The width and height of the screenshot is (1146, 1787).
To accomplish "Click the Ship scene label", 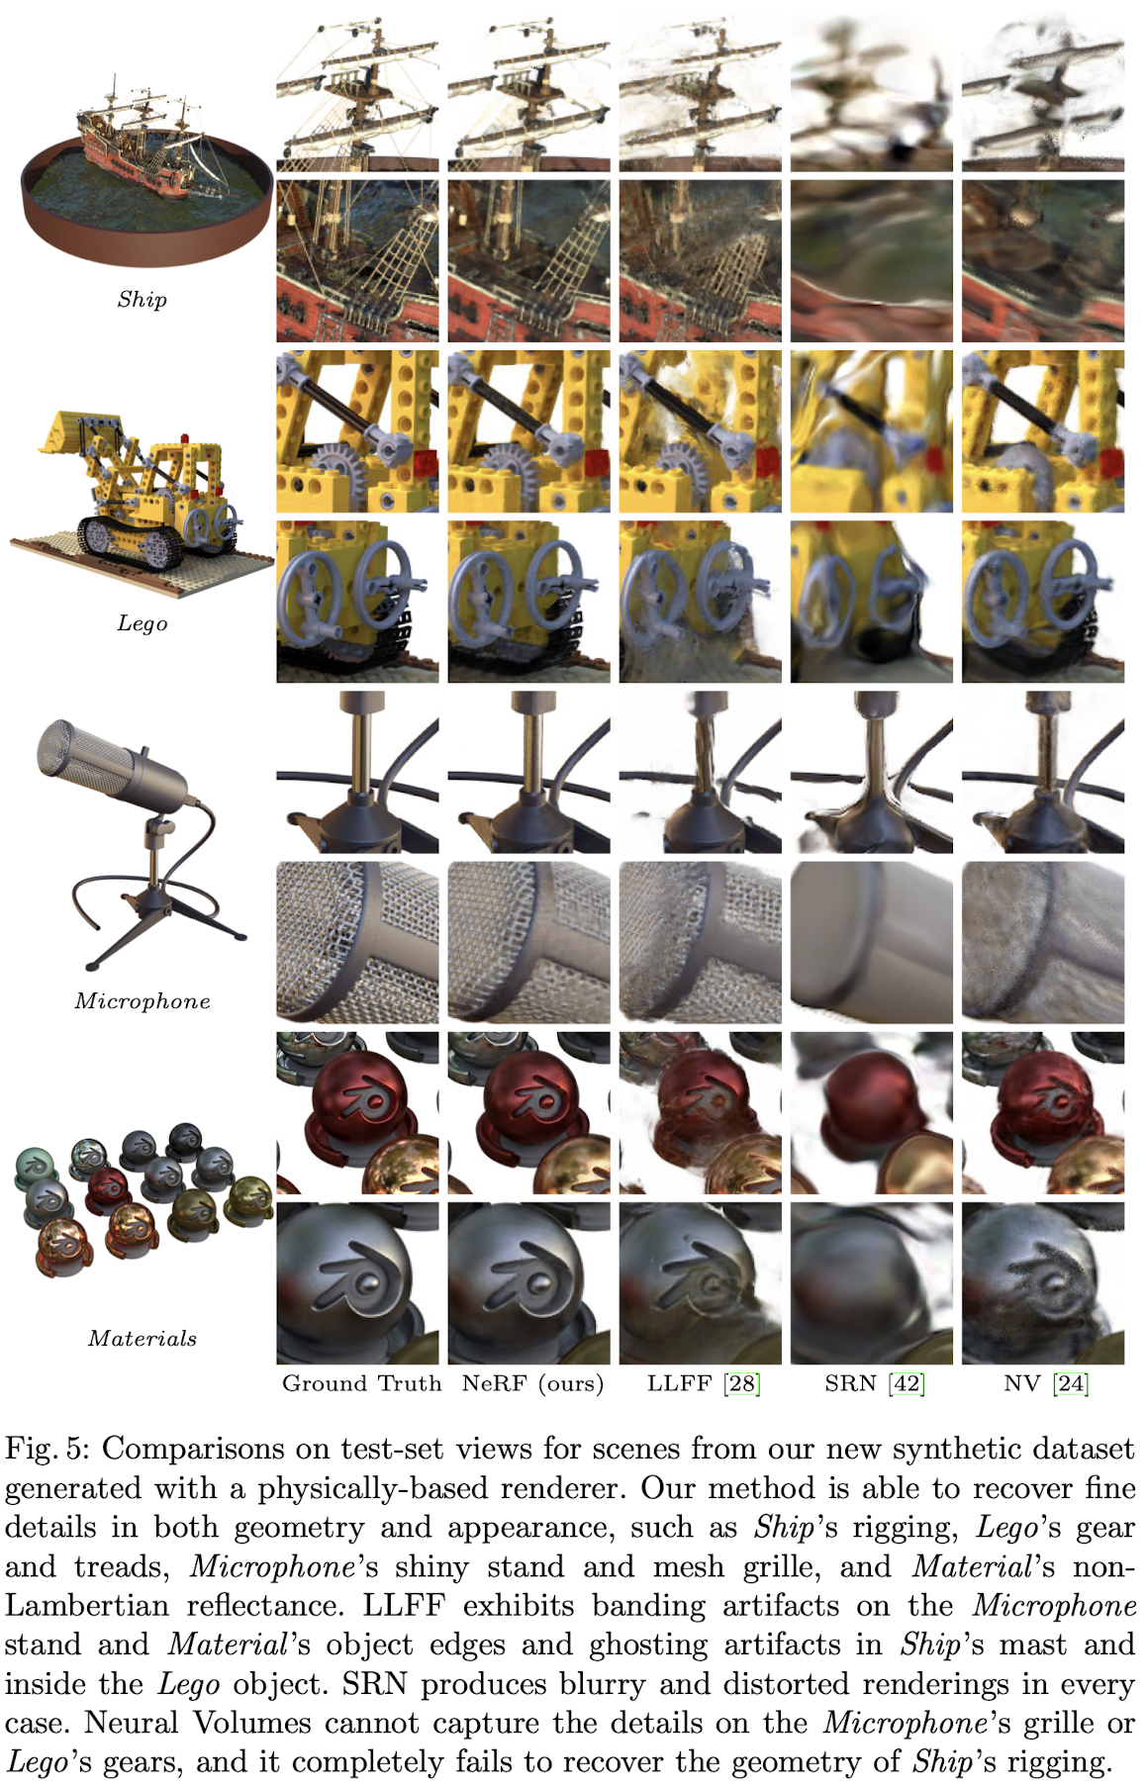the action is pyautogui.click(x=142, y=300).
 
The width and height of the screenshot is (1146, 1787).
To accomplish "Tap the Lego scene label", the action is pyautogui.click(x=142, y=623).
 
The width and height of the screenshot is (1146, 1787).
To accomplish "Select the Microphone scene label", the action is pyautogui.click(x=143, y=1001).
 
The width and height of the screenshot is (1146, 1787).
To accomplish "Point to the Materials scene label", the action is pyautogui.click(x=143, y=1339).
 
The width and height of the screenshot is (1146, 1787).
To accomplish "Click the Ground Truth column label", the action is pyautogui.click(x=361, y=1383).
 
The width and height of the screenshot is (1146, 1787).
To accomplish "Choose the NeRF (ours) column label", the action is pyautogui.click(x=532, y=1383).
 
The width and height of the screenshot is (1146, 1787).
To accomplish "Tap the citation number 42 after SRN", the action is pyautogui.click(x=907, y=1383).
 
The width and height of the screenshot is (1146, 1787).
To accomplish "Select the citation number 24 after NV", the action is pyautogui.click(x=1072, y=1383).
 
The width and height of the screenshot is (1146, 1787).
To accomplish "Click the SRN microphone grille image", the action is pyautogui.click(x=872, y=942).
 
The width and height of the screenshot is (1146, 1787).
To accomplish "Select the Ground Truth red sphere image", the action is pyautogui.click(x=357, y=1113).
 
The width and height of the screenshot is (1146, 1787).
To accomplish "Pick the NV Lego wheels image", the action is pyautogui.click(x=1043, y=602).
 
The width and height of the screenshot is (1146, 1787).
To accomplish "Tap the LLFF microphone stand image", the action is pyautogui.click(x=701, y=772).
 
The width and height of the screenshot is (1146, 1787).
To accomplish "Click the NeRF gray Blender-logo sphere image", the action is pyautogui.click(x=529, y=1283).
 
